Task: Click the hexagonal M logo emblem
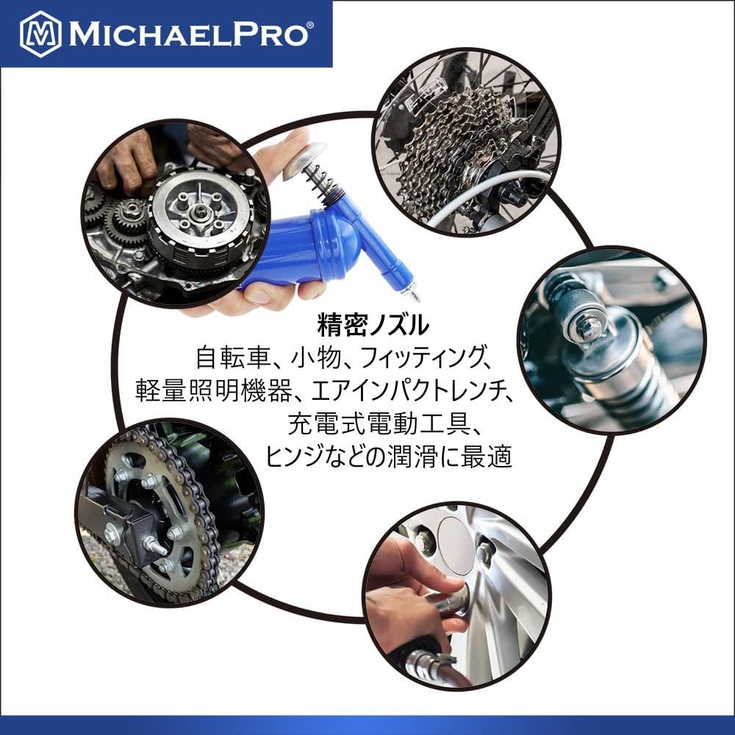[x=40, y=34]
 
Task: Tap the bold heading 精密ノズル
[x=373, y=325]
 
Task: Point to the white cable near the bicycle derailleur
[x=478, y=197]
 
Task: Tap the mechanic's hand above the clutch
[x=127, y=159]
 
